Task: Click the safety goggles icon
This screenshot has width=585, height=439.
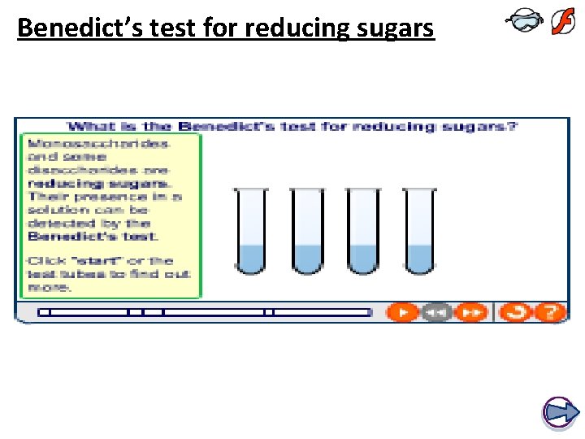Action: pos(523,23)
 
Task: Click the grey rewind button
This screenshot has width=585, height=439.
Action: pos(436,311)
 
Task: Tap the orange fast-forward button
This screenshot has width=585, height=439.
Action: pos(470,311)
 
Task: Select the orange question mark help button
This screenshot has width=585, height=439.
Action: pos(551,311)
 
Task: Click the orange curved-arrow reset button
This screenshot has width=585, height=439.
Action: pos(518,311)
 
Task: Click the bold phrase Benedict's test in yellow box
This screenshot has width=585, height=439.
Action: pos(93,236)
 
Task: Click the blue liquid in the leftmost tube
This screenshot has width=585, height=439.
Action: pos(249,258)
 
